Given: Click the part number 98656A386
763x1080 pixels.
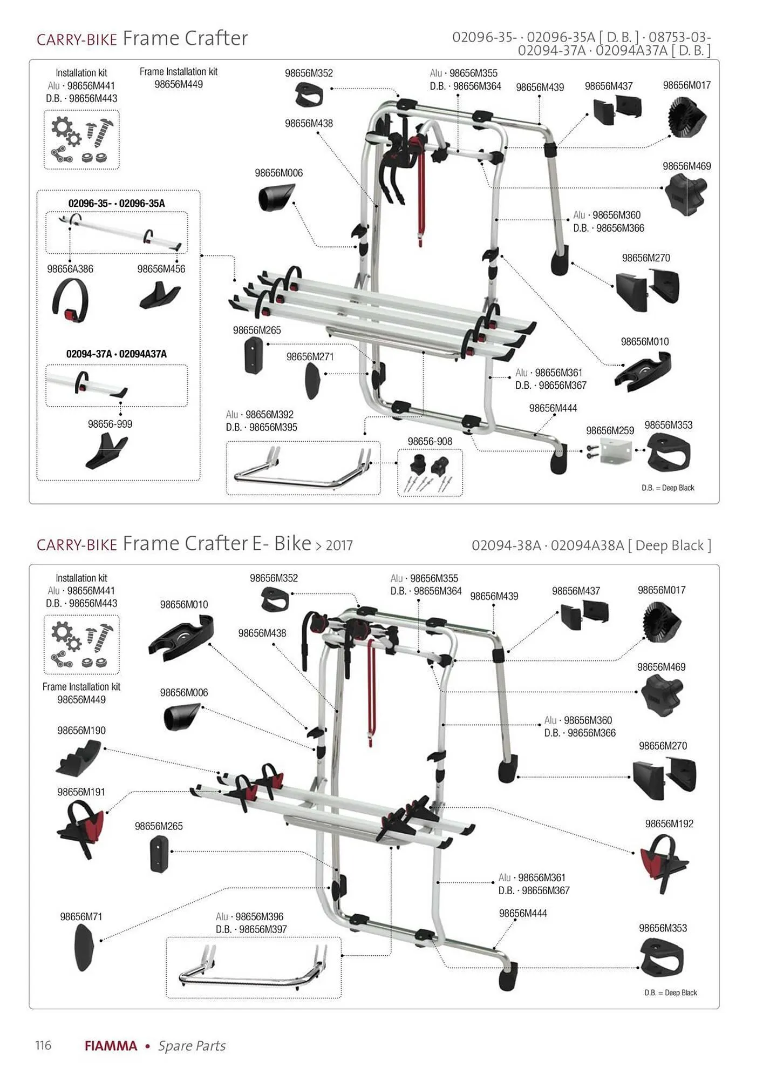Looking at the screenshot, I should (x=70, y=269).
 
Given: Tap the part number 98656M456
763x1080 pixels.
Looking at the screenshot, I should (x=161, y=269).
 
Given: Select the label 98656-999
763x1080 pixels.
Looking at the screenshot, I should (x=110, y=424).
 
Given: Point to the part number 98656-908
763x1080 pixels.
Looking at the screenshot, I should (x=430, y=441).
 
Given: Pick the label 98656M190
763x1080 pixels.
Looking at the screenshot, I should (x=81, y=730).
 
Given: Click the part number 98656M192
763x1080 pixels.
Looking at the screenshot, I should (x=669, y=823).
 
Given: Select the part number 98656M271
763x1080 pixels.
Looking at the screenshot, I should (x=310, y=356).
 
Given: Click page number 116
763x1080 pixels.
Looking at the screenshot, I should (x=43, y=1045).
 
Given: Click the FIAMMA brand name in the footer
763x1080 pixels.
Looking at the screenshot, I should (x=111, y=1046).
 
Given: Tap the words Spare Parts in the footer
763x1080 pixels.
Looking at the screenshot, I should (x=192, y=1046).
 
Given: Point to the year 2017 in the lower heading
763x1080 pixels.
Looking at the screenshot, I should (x=339, y=545).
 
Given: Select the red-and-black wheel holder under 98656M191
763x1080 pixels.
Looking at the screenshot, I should (x=81, y=827).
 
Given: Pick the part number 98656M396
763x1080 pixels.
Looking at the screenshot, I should (x=259, y=916).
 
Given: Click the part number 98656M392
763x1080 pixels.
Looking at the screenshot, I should (x=269, y=414).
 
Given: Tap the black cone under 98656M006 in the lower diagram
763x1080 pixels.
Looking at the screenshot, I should (x=181, y=717).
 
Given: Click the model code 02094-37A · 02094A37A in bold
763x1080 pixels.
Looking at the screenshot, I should (x=117, y=354).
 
